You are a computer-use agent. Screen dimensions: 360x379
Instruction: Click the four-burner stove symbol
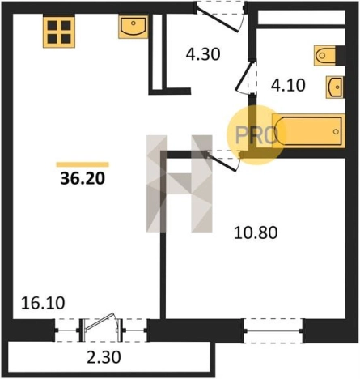pos(59,32)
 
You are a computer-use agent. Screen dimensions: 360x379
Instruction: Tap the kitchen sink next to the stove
pos(133,27)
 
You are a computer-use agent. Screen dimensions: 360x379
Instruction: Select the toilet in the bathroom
pos(324,56)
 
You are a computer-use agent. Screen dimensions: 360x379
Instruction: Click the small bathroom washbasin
pos(335,87)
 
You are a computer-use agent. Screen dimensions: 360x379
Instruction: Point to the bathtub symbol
pos(308,131)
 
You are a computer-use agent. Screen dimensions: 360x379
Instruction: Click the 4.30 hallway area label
pos(203,54)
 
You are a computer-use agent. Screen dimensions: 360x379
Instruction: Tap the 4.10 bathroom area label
pos(288,85)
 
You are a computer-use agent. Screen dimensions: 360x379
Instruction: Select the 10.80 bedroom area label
pos(256,232)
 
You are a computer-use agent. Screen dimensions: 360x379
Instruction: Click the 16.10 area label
pos(43,303)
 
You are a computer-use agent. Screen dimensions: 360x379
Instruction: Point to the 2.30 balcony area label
pos(104,358)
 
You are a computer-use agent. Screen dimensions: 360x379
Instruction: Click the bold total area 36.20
pos(83,178)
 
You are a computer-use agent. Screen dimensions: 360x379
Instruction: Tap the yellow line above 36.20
pos(83,164)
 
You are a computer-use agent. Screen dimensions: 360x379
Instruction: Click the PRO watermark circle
pos(256,135)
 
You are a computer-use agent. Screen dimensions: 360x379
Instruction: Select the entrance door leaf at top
pos(217,20)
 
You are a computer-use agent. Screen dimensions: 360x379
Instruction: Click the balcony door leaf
pos(100,322)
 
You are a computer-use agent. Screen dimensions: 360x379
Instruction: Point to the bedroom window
pos(273,330)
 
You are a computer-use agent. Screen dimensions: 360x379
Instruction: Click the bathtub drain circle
pos(336,132)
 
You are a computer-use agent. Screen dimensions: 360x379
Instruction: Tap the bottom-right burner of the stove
pos(66,39)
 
